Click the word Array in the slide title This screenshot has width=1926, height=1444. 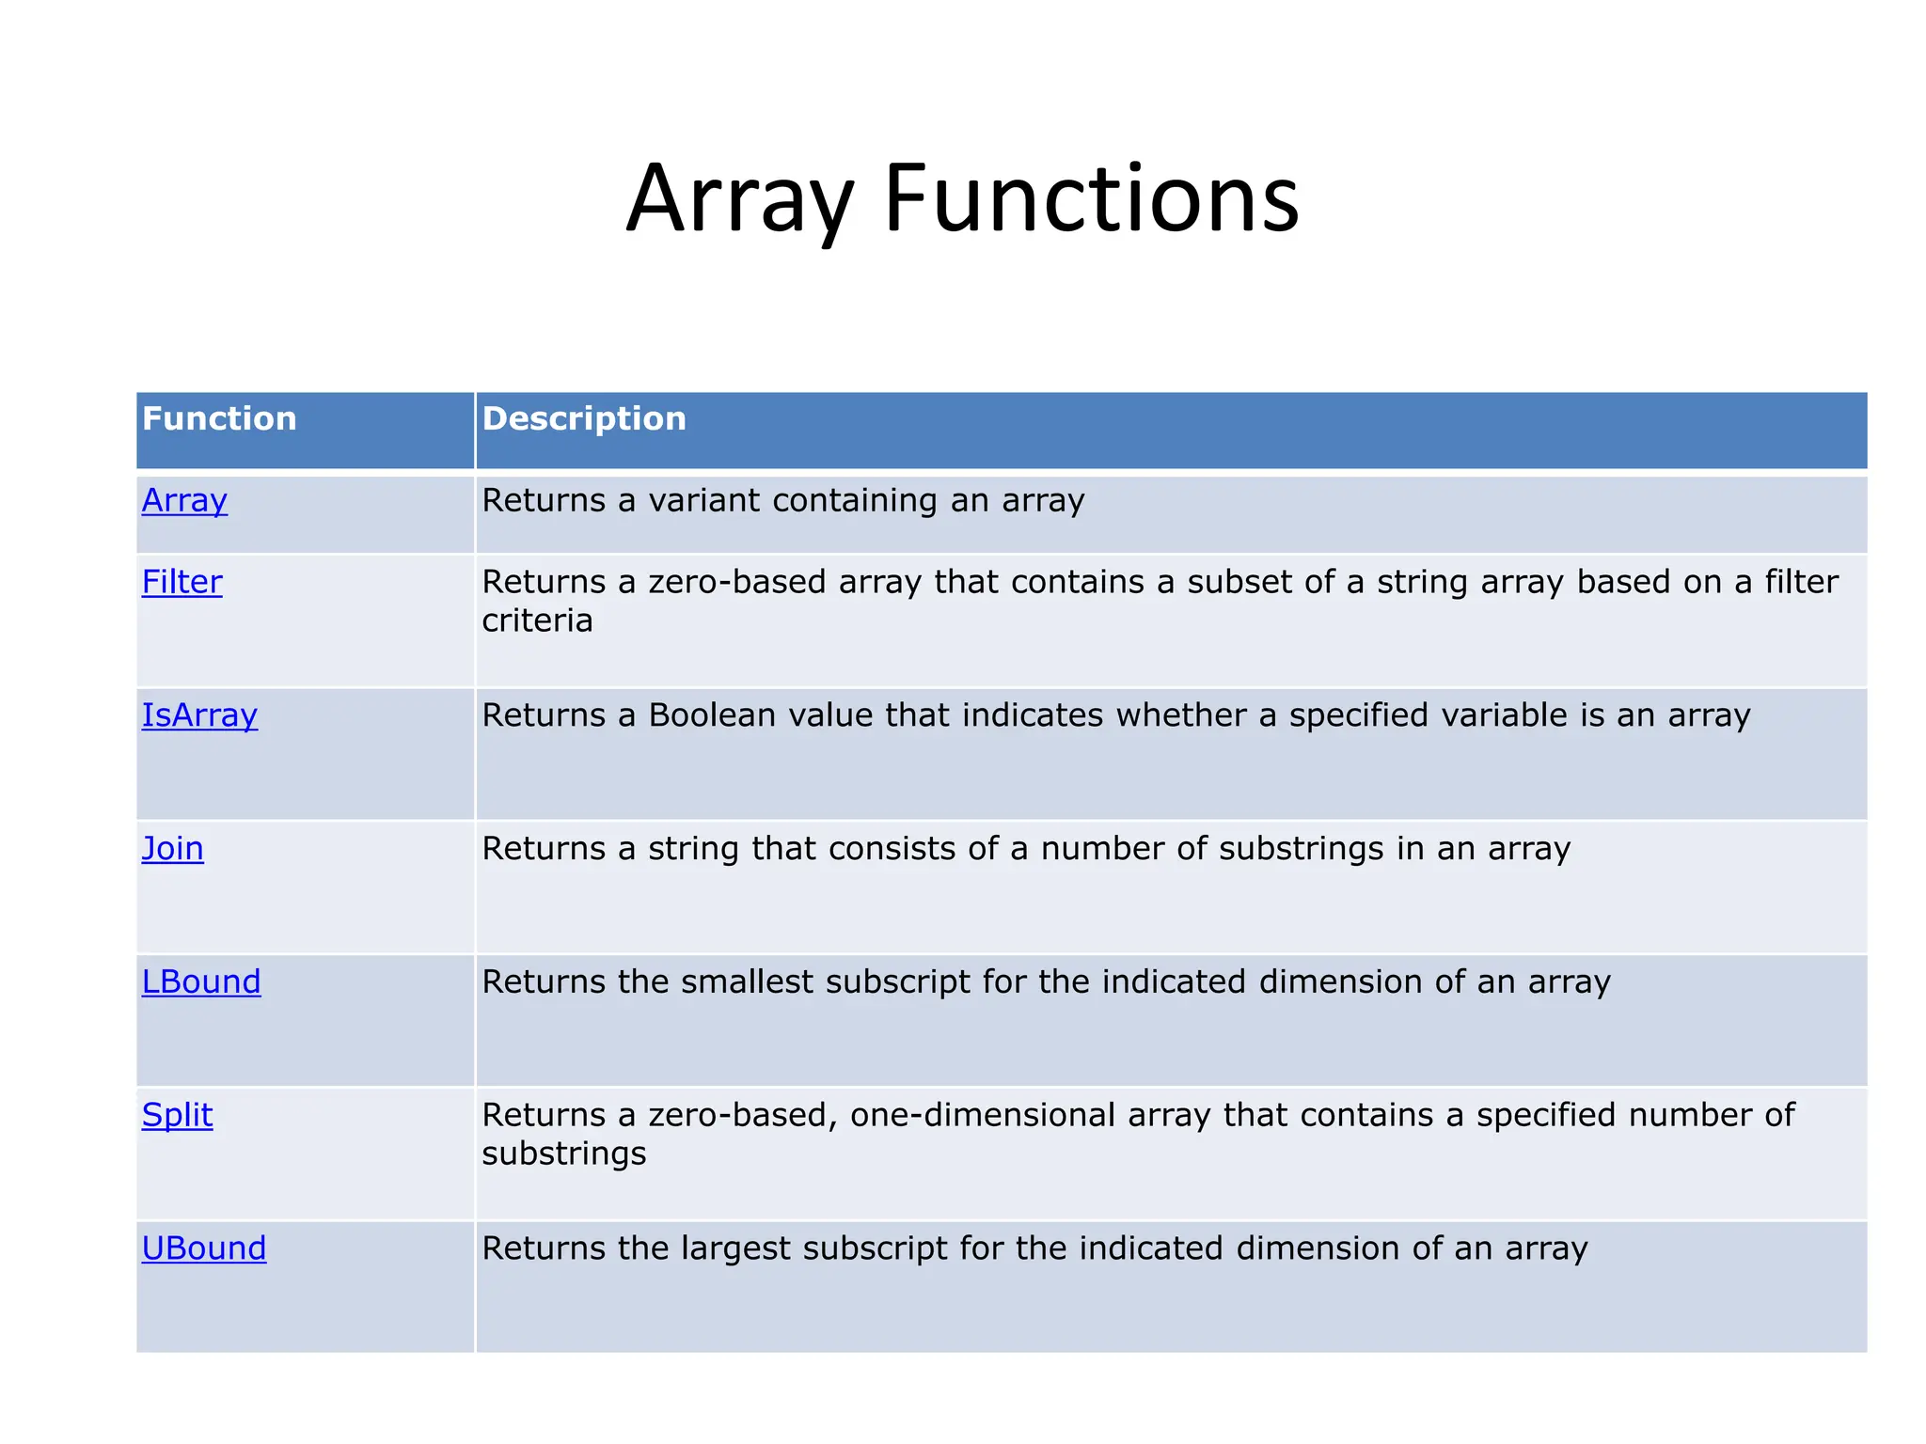[x=739, y=200]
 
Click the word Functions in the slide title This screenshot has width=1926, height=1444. [x=1091, y=198]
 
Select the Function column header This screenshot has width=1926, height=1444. [x=219, y=418]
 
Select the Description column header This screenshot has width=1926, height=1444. [x=584, y=418]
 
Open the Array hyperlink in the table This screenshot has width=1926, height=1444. [x=184, y=500]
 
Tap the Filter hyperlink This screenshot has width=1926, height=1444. [x=182, y=582]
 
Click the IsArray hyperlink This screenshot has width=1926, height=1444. [x=199, y=715]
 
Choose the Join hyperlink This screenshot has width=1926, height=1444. [x=172, y=849]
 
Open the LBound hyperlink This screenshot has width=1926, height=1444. [x=201, y=982]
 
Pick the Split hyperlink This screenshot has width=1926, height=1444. [x=177, y=1116]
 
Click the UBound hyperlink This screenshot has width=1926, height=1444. [x=204, y=1248]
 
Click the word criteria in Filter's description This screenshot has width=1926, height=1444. [x=537, y=620]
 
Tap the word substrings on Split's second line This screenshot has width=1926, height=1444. [x=564, y=1154]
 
